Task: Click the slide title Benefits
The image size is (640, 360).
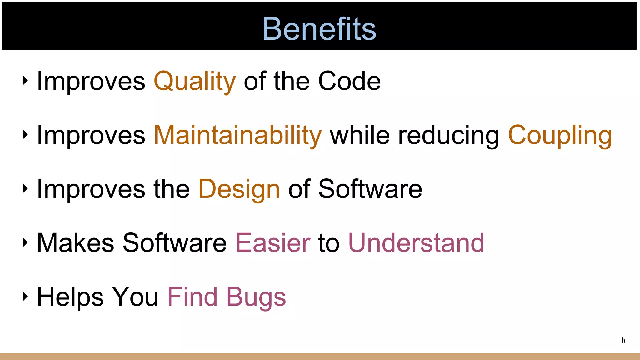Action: pyautogui.click(x=319, y=29)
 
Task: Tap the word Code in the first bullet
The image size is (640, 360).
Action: pyautogui.click(x=349, y=81)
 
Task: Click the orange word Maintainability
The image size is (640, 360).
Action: pyautogui.click(x=237, y=135)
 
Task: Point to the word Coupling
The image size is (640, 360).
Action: pyautogui.click(x=560, y=135)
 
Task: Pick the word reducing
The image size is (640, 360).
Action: pyautogui.click(x=449, y=135)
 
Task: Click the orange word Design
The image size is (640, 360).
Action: pyautogui.click(x=239, y=189)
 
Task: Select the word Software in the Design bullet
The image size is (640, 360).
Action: pyautogui.click(x=370, y=189)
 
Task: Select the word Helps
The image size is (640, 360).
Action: pyautogui.click(x=70, y=297)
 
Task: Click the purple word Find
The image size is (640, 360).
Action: pyautogui.click(x=192, y=297)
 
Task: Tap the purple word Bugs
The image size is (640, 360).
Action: pyautogui.click(x=256, y=297)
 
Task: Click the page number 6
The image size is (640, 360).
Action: pyautogui.click(x=623, y=340)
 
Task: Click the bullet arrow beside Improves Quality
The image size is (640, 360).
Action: pyautogui.click(x=25, y=80)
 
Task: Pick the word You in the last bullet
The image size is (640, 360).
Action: pyautogui.click(x=135, y=297)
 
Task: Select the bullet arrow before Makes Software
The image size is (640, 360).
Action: pyautogui.click(x=25, y=242)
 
